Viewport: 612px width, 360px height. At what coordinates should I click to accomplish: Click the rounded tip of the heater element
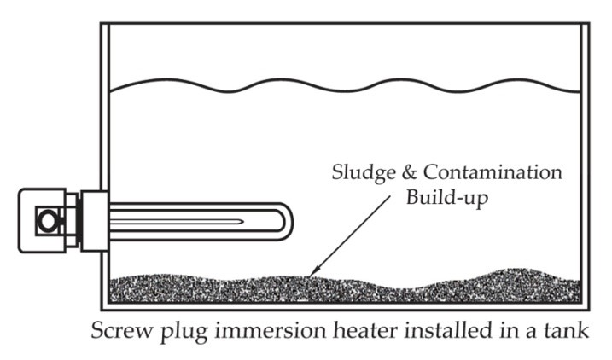coord(286,221)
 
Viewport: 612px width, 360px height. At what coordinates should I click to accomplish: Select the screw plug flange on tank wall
coord(95,220)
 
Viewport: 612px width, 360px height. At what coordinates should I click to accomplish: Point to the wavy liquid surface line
coord(341,85)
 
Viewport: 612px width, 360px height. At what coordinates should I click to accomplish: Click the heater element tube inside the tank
coord(196,221)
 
